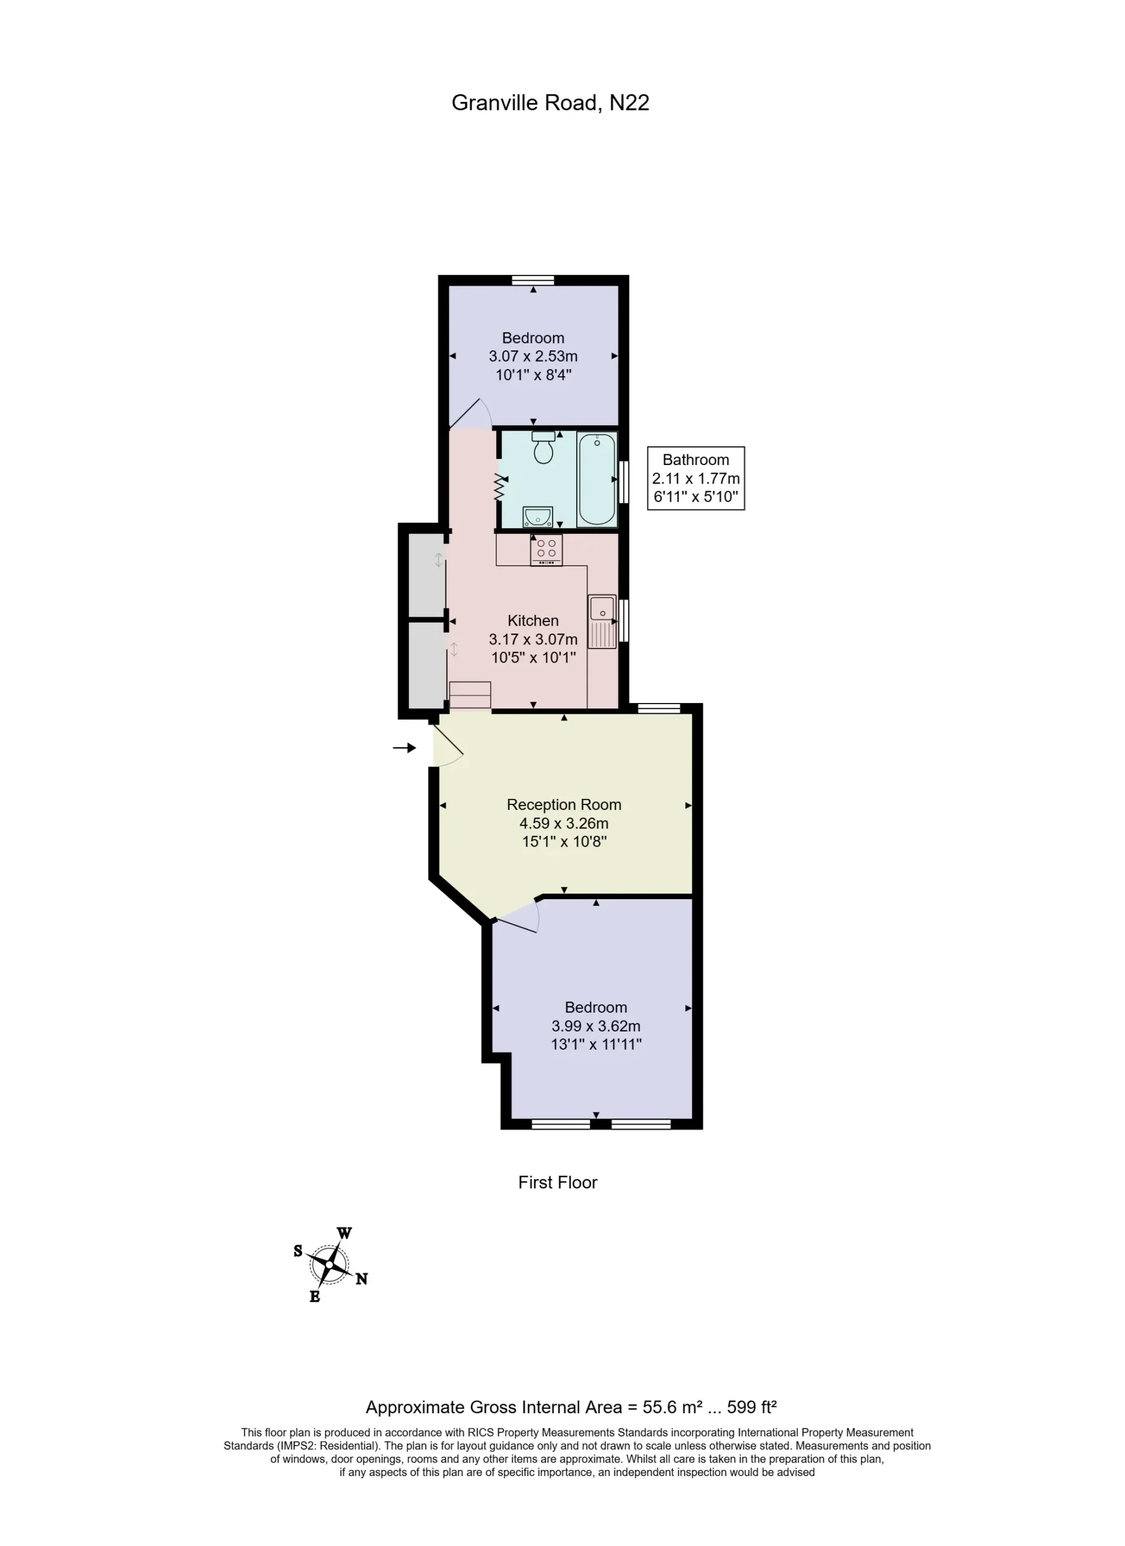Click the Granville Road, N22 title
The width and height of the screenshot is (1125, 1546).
[550, 103]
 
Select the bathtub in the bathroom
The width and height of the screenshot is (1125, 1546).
[596, 480]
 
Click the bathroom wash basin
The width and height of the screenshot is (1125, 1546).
[537, 518]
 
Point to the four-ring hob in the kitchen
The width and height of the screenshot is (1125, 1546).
[546, 550]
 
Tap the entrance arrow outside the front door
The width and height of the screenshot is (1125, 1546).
[404, 748]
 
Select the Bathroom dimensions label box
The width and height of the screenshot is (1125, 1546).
[696, 478]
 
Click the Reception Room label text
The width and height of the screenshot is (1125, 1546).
[564, 804]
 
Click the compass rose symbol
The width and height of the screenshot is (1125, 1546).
[329, 1265]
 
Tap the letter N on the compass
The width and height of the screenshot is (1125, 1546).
[361, 1279]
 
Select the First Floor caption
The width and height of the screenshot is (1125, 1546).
[557, 1182]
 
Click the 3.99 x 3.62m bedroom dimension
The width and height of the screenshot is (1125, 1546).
[596, 1026]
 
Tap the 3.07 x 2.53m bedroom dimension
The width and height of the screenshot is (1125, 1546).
[533, 356]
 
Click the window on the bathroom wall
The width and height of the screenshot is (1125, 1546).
[623, 482]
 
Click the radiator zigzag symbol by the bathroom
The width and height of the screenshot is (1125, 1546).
[501, 487]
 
